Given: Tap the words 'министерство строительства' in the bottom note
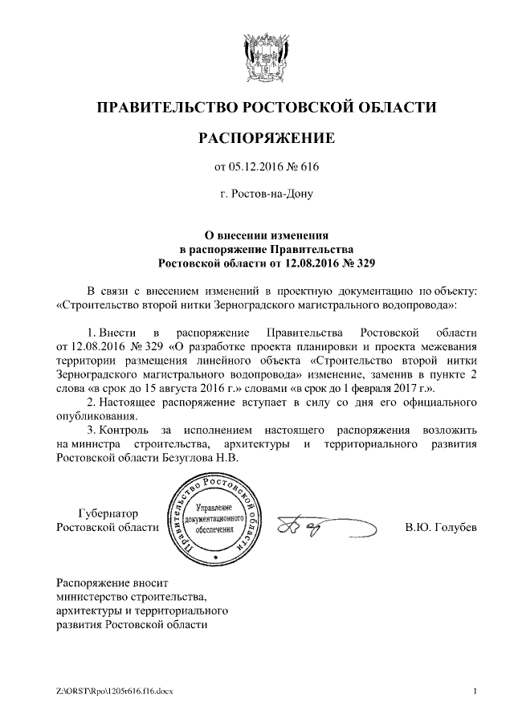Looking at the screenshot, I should pos(131,597).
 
